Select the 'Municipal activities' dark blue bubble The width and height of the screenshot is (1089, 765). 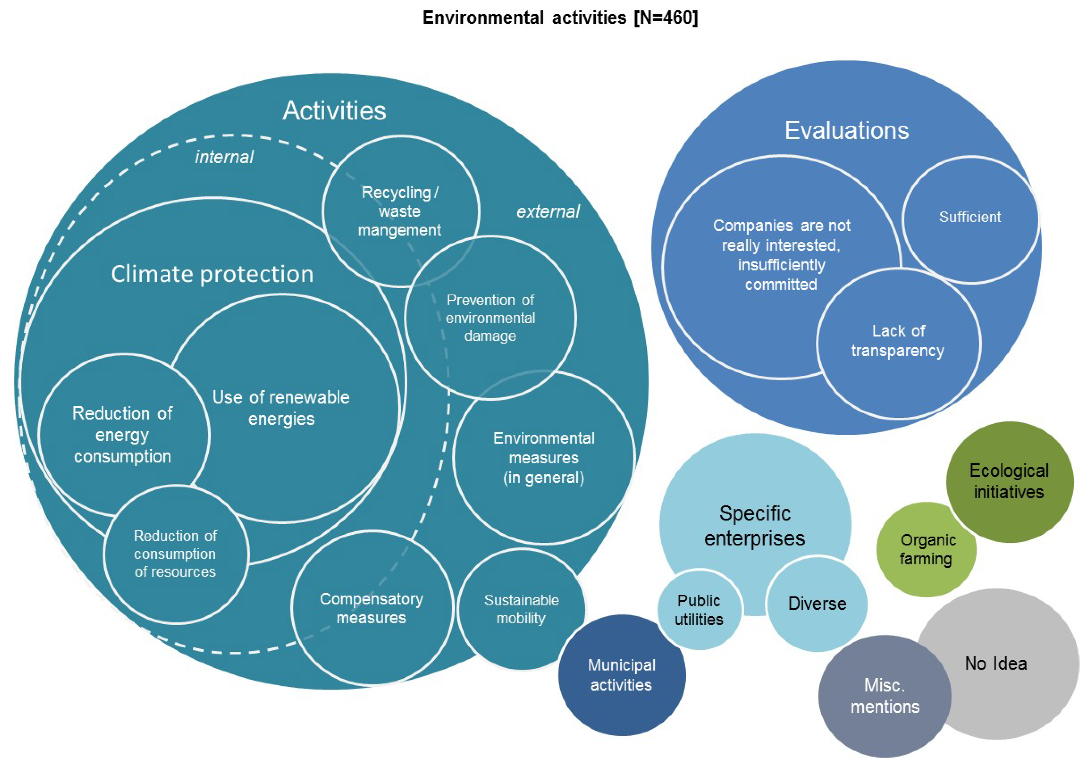(621, 675)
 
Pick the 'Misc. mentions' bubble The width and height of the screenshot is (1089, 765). (884, 696)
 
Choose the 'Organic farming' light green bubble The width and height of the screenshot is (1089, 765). (926, 549)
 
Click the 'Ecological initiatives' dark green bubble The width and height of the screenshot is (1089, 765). (1009, 481)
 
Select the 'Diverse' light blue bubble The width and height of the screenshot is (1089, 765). (817, 603)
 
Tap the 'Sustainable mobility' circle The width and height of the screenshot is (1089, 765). (521, 609)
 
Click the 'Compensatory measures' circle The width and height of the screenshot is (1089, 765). (371, 608)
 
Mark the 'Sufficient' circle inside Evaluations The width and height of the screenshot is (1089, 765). (970, 217)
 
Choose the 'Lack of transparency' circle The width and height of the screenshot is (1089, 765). (898, 341)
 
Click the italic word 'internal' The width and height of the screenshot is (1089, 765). (224, 157)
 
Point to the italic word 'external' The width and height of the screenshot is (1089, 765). (548, 211)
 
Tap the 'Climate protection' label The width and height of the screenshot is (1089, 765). (212, 274)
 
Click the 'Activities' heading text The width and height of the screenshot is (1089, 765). (334, 111)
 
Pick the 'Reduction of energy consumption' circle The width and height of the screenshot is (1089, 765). (122, 435)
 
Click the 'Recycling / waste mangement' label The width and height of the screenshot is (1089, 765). (399, 211)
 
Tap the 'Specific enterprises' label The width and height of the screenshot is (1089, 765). (755, 526)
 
